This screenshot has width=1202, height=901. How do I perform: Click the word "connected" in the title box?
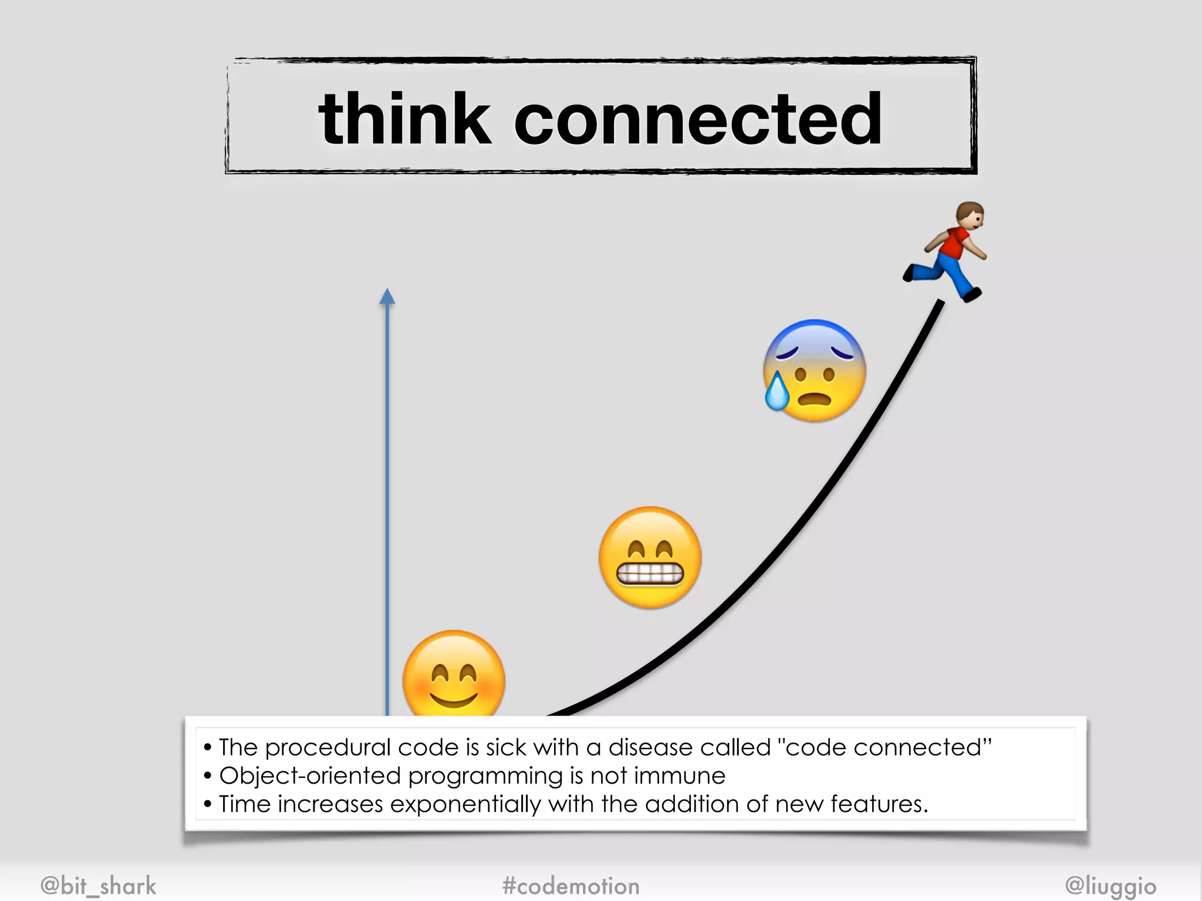pos(698,120)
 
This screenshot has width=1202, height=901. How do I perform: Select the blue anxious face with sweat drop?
pos(815,371)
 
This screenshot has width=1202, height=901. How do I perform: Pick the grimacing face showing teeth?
pos(650,557)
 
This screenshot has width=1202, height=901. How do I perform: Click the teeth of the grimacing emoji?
pos(650,574)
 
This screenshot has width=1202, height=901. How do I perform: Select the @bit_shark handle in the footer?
pos(99,886)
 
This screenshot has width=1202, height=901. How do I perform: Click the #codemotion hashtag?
pos(570,886)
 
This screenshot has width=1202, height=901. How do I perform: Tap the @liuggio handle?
pos(1110,886)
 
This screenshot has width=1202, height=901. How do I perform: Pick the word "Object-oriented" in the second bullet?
pos(310,776)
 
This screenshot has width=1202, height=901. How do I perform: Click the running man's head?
pos(970,215)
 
